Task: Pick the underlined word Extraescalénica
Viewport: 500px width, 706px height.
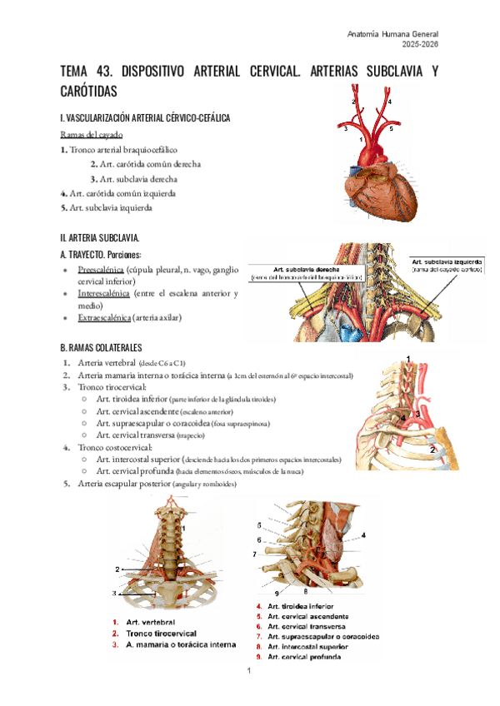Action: (105, 318)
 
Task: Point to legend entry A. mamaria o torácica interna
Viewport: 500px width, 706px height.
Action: (173, 644)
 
